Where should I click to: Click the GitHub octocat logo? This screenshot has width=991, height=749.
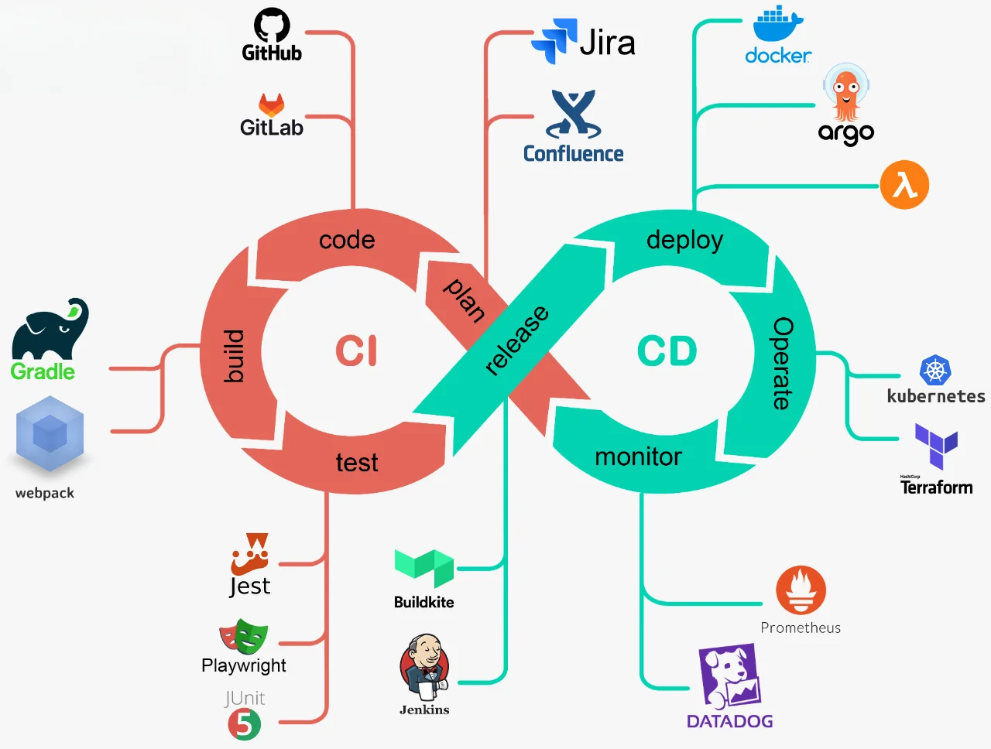click(x=272, y=26)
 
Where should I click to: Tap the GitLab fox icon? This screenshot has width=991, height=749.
click(x=271, y=105)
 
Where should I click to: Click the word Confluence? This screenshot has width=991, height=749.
click(x=573, y=154)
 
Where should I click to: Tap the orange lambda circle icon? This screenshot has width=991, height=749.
click(x=904, y=185)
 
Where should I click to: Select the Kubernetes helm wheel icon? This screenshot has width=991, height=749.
click(x=935, y=371)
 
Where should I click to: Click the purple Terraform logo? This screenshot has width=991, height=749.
click(x=936, y=446)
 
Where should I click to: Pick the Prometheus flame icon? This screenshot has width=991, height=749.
click(x=801, y=590)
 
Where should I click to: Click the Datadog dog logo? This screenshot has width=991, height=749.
click(x=730, y=676)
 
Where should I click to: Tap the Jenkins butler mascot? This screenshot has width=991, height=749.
click(x=424, y=667)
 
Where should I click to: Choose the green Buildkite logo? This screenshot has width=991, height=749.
click(x=423, y=568)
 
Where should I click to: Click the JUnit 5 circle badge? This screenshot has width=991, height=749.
click(x=245, y=725)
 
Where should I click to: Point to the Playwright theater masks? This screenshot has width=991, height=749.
click(x=243, y=636)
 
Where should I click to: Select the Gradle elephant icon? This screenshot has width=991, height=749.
click(x=50, y=328)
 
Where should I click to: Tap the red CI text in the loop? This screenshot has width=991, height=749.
click(x=356, y=351)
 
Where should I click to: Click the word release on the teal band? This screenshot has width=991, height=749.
click(x=516, y=340)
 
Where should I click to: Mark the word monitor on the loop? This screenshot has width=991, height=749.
click(x=638, y=457)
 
